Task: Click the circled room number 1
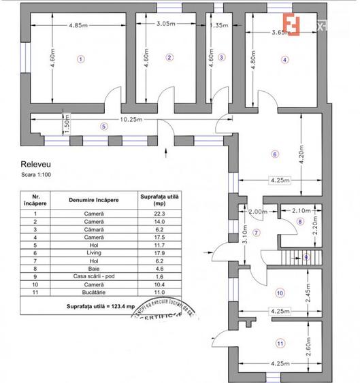point(80,59)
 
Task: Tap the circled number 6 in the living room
point(274,154)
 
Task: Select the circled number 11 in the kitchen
point(280,343)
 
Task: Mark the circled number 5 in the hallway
point(103,126)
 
